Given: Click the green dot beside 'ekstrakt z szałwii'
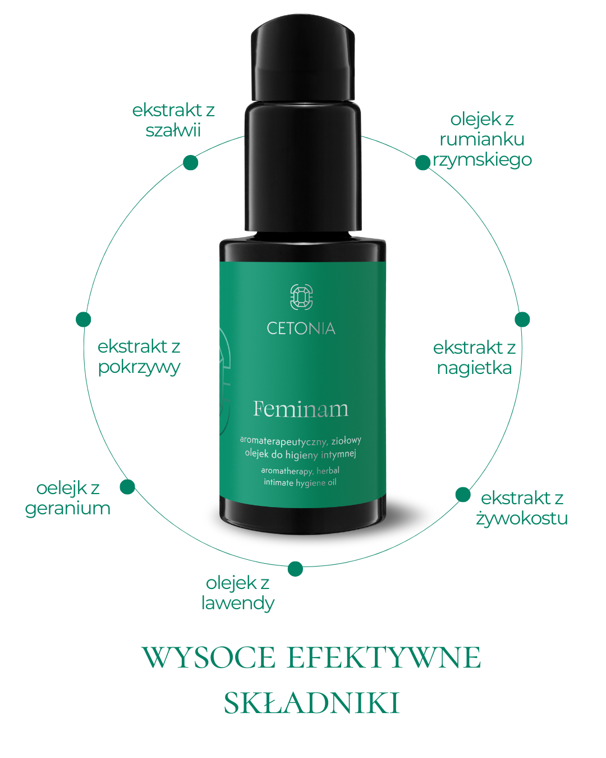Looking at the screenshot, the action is (x=191, y=162).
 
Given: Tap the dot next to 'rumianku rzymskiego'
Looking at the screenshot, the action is (x=423, y=162).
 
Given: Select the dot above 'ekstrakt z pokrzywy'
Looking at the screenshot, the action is (x=84, y=319).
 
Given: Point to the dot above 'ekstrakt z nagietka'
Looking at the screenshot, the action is (x=522, y=319).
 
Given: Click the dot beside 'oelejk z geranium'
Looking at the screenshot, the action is (x=127, y=486).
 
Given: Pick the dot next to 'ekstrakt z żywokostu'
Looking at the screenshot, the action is (x=463, y=495).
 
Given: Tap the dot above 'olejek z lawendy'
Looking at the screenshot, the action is (x=295, y=569).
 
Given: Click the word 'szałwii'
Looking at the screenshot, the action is (x=173, y=130).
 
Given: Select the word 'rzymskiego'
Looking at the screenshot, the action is (x=482, y=160).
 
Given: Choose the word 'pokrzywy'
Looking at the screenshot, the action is (x=139, y=368).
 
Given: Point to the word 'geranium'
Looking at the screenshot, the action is (x=67, y=509).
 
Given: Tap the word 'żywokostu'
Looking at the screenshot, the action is (x=522, y=518).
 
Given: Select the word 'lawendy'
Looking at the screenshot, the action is (x=238, y=603).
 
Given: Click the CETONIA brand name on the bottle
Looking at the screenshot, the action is (x=301, y=328).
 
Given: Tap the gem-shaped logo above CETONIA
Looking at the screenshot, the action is (x=301, y=297).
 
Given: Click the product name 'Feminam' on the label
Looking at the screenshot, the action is (x=301, y=409).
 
